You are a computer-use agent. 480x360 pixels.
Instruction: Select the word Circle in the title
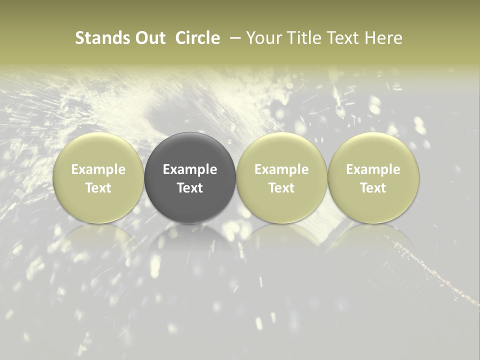click(198, 38)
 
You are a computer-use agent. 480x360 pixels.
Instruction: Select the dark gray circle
click(190, 150)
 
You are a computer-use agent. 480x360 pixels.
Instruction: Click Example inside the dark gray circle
click(190, 169)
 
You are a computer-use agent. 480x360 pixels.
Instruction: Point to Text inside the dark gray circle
click(190, 188)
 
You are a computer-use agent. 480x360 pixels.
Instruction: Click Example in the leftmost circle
click(98, 169)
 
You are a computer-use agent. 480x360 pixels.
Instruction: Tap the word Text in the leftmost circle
click(98, 188)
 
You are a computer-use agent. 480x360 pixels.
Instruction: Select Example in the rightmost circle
click(373, 169)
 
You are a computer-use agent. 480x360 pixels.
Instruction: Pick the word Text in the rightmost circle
click(373, 188)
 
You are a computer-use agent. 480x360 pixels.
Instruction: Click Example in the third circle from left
click(281, 169)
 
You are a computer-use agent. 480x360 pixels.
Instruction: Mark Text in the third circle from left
click(281, 188)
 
